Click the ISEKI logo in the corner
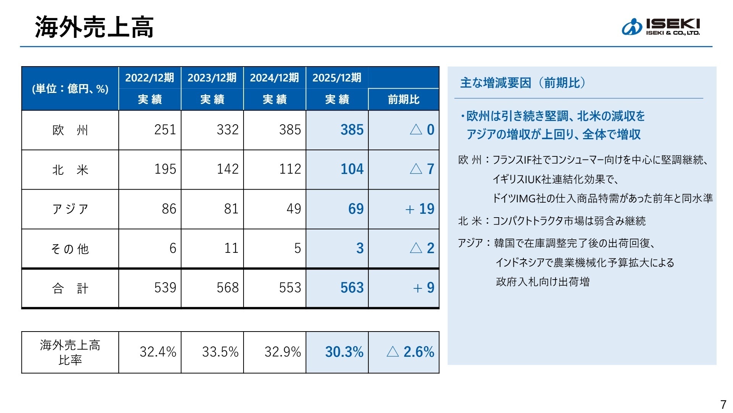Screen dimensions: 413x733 point(661,27)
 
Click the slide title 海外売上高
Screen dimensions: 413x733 point(94,28)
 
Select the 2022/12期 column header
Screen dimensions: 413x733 point(150,78)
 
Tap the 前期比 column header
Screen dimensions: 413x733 point(404,100)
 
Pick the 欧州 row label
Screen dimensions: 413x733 point(70,130)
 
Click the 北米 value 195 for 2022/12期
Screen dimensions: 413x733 point(165,169)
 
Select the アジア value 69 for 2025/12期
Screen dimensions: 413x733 point(355,209)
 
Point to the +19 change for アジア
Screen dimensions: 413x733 point(420,209)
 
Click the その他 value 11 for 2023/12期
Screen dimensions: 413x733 point(231,249)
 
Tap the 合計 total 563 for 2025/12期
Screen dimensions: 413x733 point(352,288)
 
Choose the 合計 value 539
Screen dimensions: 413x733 point(165,288)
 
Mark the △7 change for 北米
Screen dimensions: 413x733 point(422,169)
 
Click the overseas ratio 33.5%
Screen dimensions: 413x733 point(220,352)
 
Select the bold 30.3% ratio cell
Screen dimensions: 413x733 point(344,352)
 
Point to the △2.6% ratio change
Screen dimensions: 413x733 point(410,352)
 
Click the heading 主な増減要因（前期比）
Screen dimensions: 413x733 point(523,83)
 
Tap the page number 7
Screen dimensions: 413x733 point(723,404)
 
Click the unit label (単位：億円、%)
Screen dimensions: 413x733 point(70,89)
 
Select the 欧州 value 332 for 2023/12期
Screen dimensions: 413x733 point(228,130)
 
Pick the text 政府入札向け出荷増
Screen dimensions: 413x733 point(542,282)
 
